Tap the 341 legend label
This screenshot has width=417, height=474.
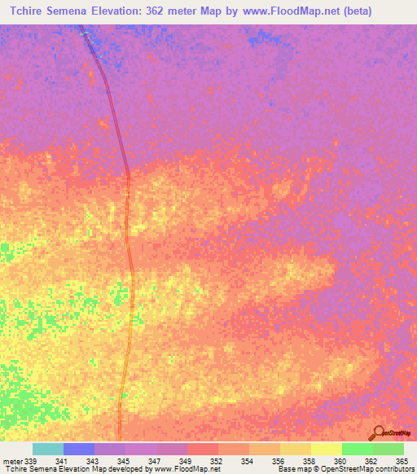point(73,460)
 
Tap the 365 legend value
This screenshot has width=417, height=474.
point(401,460)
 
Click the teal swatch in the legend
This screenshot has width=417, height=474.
point(48,449)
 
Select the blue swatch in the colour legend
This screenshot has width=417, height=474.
point(79,449)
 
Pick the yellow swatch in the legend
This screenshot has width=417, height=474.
point(326,449)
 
